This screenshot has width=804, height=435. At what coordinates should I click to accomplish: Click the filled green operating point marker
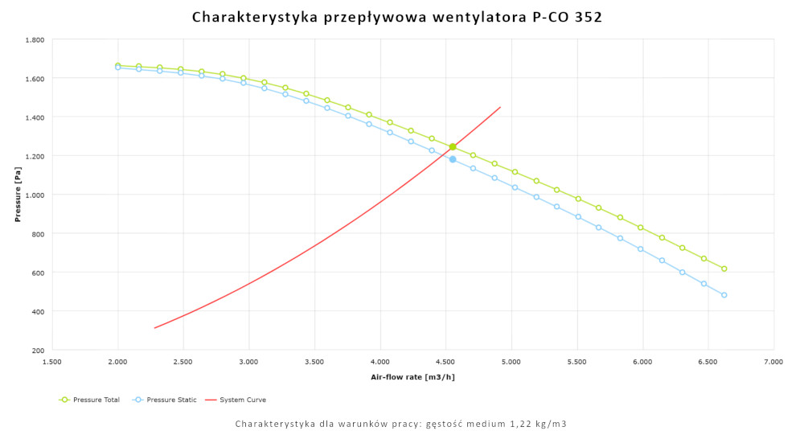point(453,147)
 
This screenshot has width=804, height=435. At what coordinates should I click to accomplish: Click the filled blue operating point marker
point(453,159)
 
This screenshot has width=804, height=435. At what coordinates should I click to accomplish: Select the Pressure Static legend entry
point(169,400)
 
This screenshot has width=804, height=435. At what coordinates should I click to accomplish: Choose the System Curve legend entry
point(241,400)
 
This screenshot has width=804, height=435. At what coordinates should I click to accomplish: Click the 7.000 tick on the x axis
point(773,363)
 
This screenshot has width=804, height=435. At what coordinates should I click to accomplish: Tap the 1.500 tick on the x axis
point(51,363)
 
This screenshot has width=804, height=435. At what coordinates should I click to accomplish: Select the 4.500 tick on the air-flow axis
point(445,363)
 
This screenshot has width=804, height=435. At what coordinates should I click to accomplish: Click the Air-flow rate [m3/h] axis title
point(412,376)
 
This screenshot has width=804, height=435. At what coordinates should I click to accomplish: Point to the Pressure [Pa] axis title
point(17,195)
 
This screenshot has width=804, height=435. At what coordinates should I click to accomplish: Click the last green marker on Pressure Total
point(724,269)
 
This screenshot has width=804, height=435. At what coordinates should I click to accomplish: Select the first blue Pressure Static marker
point(118,68)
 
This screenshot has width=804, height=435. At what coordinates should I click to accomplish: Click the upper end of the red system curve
point(500,107)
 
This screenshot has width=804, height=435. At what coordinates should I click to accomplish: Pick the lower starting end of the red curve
point(154,328)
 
